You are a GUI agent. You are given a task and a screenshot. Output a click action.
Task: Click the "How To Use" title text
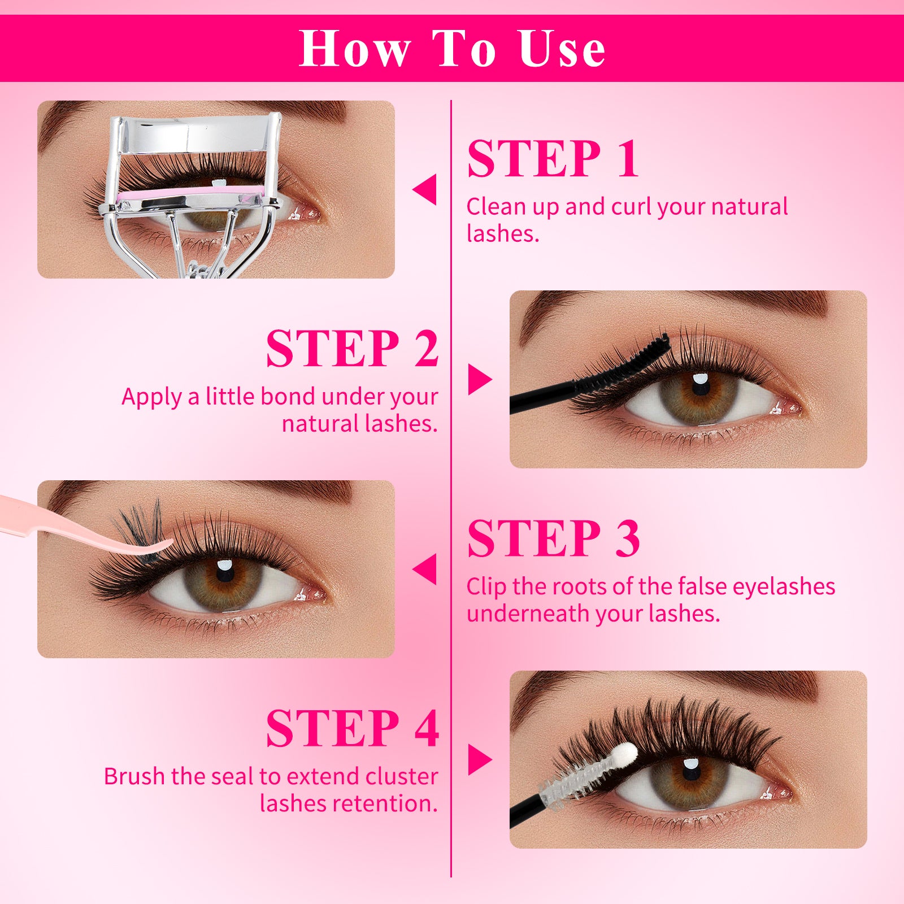(x=452, y=49)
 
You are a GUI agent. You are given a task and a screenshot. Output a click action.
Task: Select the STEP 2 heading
(x=352, y=349)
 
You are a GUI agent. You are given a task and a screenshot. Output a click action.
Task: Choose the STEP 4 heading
(x=352, y=728)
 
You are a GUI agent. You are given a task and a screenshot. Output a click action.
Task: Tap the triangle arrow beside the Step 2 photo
(x=480, y=379)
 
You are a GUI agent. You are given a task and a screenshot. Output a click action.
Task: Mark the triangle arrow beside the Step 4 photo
(x=480, y=759)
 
